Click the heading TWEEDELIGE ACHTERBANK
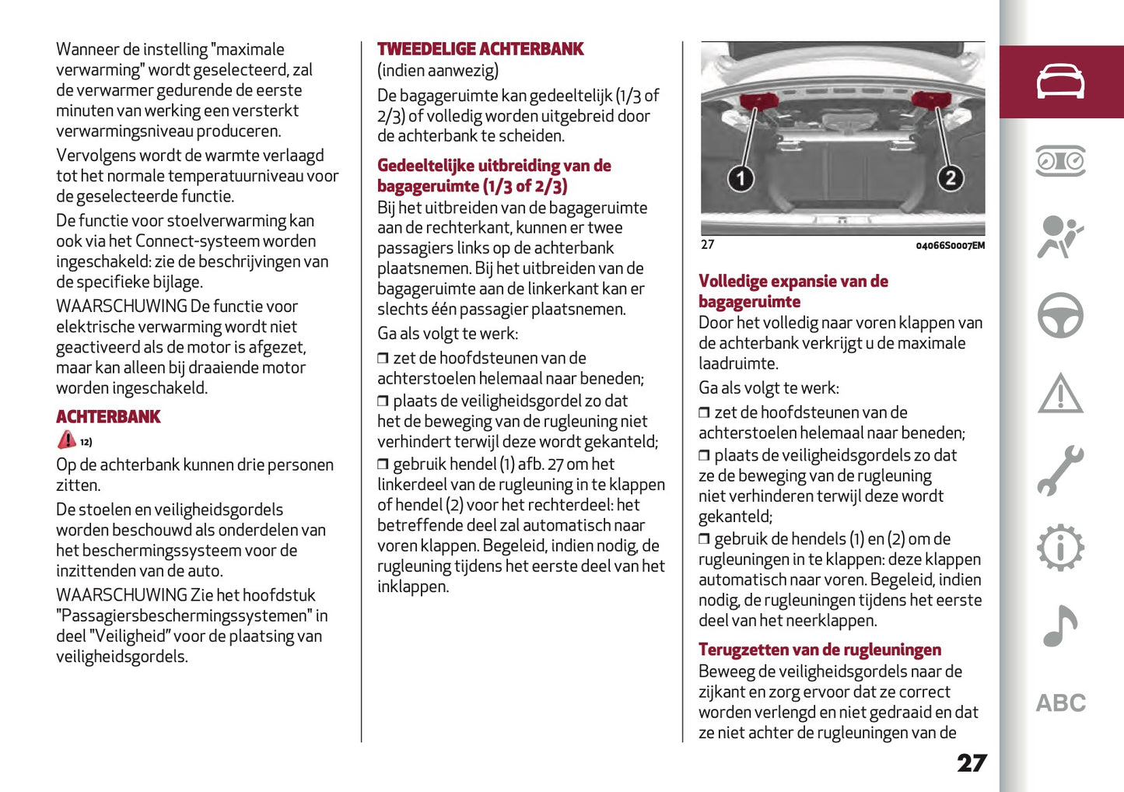[480, 49]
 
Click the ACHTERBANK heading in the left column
[108, 417]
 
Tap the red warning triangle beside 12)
[67, 440]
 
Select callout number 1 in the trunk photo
[741, 179]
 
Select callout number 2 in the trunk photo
[950, 179]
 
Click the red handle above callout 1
[758, 101]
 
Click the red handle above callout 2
[930, 99]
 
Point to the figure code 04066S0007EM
[950, 246]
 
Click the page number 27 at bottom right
[972, 762]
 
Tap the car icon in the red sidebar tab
[1060, 82]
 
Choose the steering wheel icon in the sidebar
[1060, 315]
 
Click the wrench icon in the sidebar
[1060, 471]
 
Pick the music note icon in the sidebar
[1060, 626]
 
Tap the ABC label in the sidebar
[1060, 703]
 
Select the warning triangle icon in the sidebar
[1060, 393]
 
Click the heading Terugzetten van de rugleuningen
[819, 650]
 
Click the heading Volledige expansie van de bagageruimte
[793, 291]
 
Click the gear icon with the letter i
[1060, 548]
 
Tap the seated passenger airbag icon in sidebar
[1060, 237]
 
